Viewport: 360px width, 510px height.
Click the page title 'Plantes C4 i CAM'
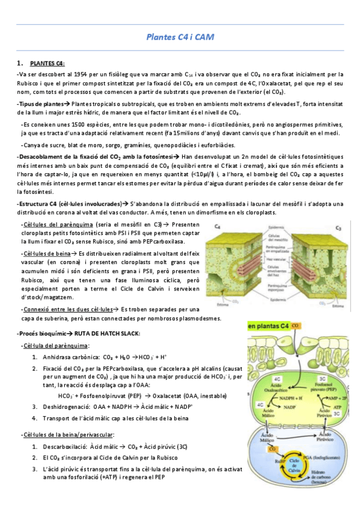click(180, 37)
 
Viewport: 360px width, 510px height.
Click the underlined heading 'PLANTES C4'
click(47, 63)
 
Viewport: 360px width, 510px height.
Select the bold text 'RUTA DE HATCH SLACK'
click(108, 333)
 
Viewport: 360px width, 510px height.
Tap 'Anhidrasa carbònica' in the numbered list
click(69, 356)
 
